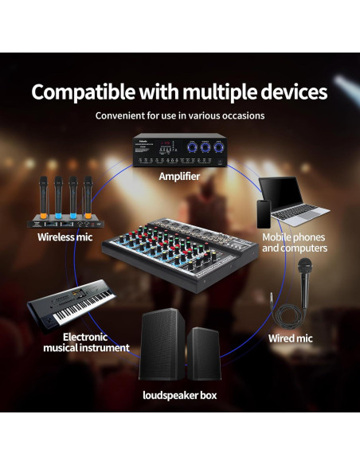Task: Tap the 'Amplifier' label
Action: tap(179, 176)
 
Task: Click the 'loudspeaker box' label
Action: tap(179, 395)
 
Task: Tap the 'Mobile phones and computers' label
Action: tap(294, 242)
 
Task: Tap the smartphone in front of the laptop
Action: tap(264, 213)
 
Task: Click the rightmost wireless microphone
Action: tap(88, 197)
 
